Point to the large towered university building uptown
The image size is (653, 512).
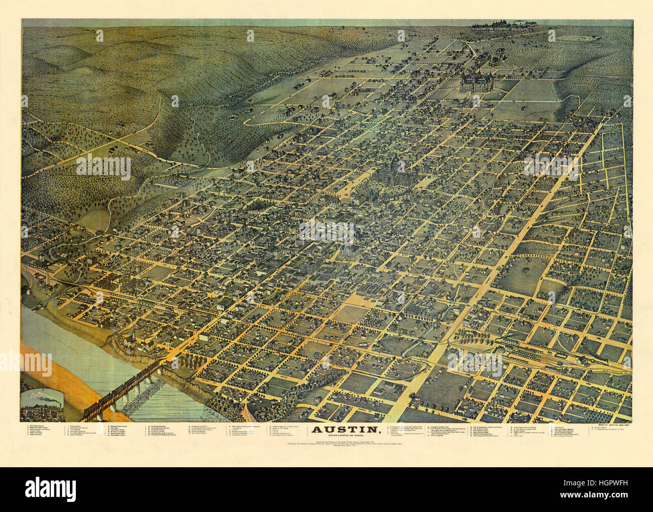[x=475, y=80]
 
